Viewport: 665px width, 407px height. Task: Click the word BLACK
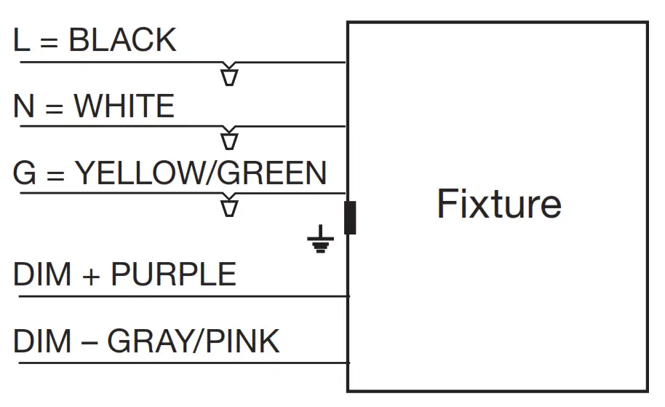[122, 40]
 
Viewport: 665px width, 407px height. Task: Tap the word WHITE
[124, 106]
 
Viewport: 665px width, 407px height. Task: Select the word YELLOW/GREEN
[201, 173]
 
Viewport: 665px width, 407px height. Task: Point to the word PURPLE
[173, 274]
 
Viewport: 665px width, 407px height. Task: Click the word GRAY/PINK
[194, 341]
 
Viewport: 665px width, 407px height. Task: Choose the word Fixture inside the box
[499, 204]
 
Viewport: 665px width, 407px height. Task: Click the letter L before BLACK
[22, 40]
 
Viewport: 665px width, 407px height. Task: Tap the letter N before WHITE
[24, 106]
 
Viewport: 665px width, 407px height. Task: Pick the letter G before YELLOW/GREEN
[25, 173]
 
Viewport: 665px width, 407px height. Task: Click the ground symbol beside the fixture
[321, 239]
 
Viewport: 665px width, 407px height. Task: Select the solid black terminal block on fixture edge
[350, 218]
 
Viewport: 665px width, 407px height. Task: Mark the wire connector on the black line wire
[229, 74]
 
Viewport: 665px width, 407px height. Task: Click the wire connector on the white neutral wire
[229, 138]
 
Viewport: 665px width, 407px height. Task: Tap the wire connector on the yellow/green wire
[229, 205]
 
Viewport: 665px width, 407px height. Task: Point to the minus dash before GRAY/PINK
[89, 343]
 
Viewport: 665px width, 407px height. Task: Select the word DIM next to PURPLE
[42, 274]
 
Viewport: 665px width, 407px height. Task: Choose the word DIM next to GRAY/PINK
[42, 341]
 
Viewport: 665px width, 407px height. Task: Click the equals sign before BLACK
[49, 42]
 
